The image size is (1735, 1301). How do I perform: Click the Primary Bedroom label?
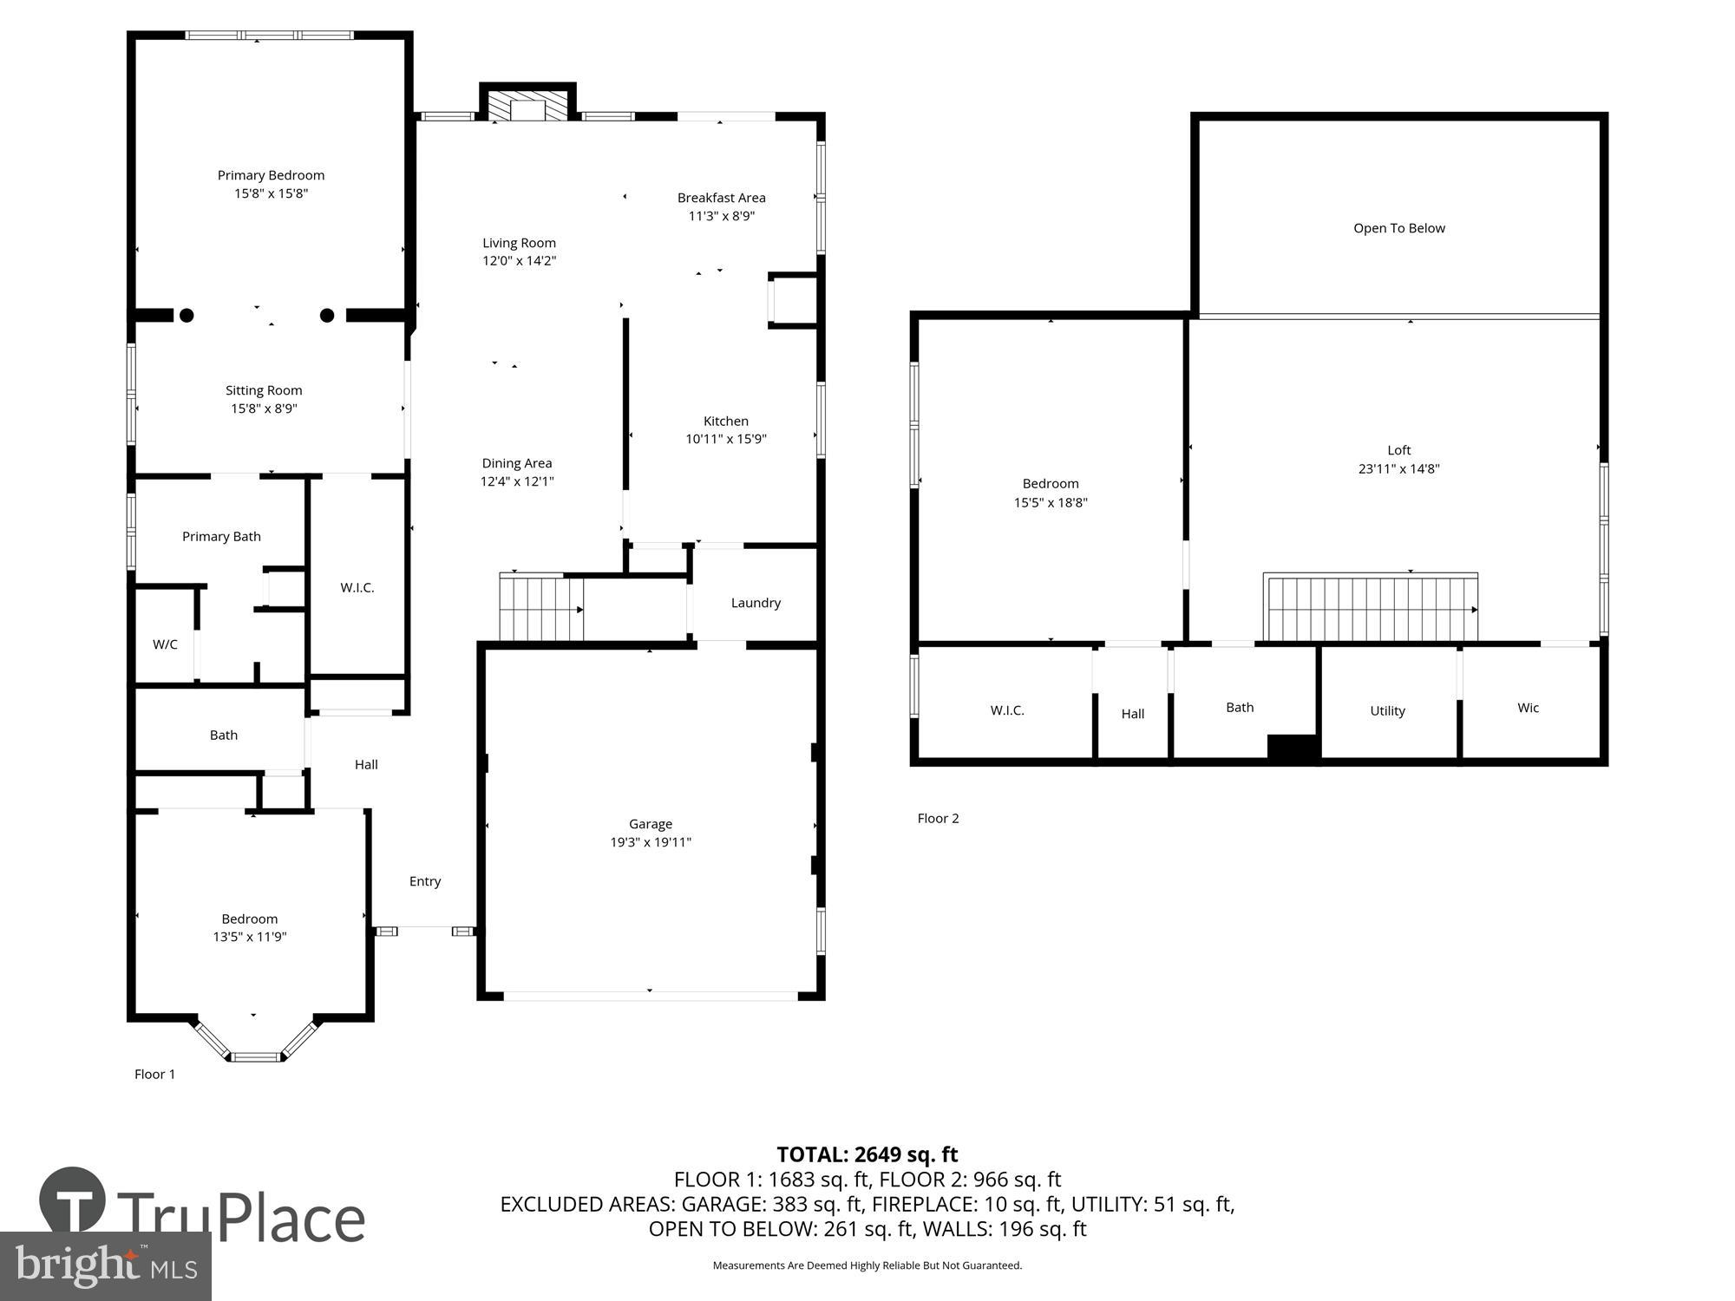[x=271, y=175]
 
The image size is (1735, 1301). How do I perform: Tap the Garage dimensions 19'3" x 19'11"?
[x=651, y=842]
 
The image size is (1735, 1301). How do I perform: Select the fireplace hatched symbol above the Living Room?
[x=527, y=108]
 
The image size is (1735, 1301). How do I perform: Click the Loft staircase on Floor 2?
[x=1371, y=608]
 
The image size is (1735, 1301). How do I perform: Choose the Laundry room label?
[x=756, y=603]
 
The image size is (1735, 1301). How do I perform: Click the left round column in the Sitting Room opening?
[x=187, y=316]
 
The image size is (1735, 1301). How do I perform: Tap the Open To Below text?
[x=1398, y=228]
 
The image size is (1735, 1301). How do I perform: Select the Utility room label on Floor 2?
[x=1387, y=710]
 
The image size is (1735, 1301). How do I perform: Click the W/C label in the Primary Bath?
[x=165, y=644]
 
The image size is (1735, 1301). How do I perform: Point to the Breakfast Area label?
[x=721, y=198]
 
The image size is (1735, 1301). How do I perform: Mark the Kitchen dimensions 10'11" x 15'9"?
[x=726, y=439]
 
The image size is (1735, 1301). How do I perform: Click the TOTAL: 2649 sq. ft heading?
[x=867, y=1154]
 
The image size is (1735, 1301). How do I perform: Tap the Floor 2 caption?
[x=938, y=818]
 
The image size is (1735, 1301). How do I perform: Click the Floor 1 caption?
[x=154, y=1074]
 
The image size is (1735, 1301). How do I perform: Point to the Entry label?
[x=425, y=881]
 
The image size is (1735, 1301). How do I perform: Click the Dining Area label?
[x=517, y=463]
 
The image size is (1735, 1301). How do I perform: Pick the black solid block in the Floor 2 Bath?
[x=1293, y=748]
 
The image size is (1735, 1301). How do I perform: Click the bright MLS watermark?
[x=106, y=1266]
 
